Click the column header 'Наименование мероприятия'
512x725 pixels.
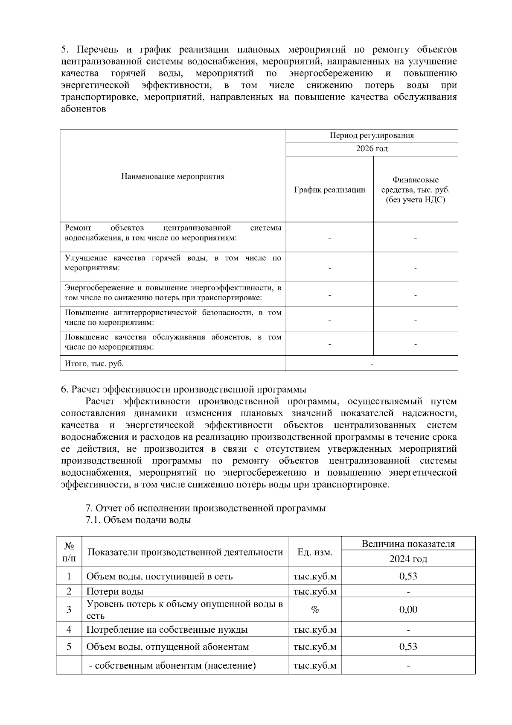pos(173,176)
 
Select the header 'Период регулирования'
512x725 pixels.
pos(372,136)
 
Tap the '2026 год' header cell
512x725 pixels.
pos(372,149)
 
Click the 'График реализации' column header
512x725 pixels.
pos(329,190)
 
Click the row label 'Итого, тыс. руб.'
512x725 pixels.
pos(94,363)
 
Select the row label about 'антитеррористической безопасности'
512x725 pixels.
pos(173,317)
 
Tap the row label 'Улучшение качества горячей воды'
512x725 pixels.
pos(173,263)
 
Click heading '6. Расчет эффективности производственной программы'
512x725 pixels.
pos(183,389)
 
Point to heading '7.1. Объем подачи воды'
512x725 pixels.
pos(138,520)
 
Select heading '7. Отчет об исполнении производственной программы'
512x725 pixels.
pos(206,508)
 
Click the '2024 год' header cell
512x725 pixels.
pos(408,558)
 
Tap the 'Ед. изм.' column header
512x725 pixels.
pos(315,552)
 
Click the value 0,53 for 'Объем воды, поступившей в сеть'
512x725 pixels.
pos(408,576)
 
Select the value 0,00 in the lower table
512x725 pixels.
pos(408,609)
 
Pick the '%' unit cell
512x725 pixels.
pos(315,609)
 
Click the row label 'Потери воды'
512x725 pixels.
pos(115,591)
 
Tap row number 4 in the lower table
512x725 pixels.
pos(69,629)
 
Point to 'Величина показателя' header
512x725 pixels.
pos(408,544)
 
